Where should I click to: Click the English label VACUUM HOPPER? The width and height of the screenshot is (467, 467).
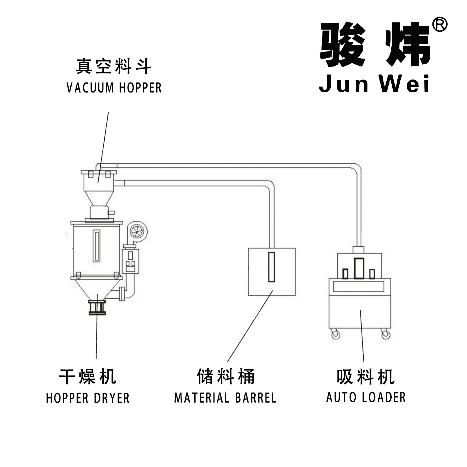pos(114,88)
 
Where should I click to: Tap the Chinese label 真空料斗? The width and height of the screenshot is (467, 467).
pos(114,67)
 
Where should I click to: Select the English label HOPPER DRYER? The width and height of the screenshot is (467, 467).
pos(87,398)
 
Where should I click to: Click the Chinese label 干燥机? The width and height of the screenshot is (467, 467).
pos(88,376)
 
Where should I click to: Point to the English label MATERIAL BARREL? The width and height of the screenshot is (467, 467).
pos(225,398)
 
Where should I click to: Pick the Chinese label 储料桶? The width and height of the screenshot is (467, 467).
pos(226,376)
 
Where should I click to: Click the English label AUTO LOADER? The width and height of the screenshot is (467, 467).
pos(366,397)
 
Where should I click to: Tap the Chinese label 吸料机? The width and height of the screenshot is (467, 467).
pos(366,376)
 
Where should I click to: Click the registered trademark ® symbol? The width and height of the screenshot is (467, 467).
pos(440,25)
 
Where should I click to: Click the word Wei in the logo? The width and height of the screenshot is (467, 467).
pos(405,83)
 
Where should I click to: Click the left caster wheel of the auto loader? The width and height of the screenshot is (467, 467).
pos(335,335)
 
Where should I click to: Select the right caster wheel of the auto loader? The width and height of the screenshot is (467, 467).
pos(385,335)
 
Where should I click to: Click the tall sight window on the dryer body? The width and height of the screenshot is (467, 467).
pos(97,246)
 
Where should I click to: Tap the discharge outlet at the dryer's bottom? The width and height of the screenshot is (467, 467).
pos(97,308)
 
